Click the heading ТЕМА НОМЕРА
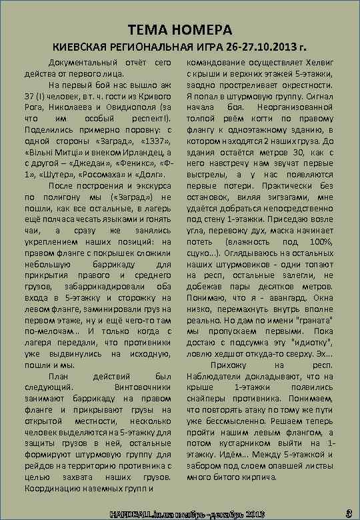point(180,31)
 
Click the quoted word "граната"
point(312,315)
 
